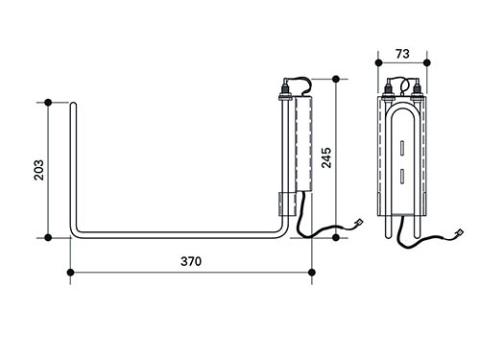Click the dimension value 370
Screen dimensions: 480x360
(x=191, y=261)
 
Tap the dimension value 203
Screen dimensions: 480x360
(x=39, y=170)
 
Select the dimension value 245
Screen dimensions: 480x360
(x=326, y=157)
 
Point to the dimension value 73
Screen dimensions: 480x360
(x=402, y=54)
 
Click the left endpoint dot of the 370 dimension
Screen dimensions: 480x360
(x=71, y=273)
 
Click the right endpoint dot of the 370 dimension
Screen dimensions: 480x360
(x=312, y=273)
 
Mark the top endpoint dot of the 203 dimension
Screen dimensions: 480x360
(x=48, y=103)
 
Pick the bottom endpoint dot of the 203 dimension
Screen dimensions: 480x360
(x=48, y=237)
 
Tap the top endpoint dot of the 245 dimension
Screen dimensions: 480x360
(x=336, y=79)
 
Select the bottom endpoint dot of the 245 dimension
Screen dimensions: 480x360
(x=336, y=237)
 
